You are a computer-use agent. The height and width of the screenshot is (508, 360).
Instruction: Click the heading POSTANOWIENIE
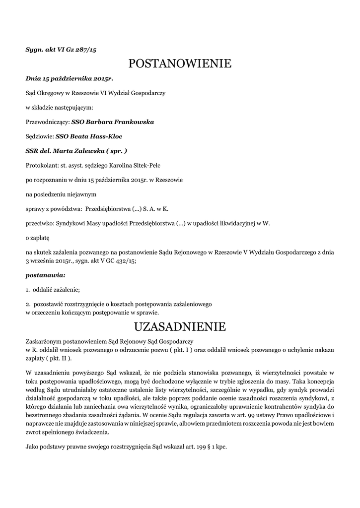click(180, 63)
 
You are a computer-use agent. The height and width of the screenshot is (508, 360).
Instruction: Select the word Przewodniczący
click(47, 122)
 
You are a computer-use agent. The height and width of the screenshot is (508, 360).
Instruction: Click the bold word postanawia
click(45, 274)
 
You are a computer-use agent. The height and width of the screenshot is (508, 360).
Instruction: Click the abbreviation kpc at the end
click(220, 447)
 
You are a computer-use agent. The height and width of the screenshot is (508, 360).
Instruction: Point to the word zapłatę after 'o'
click(40, 238)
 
